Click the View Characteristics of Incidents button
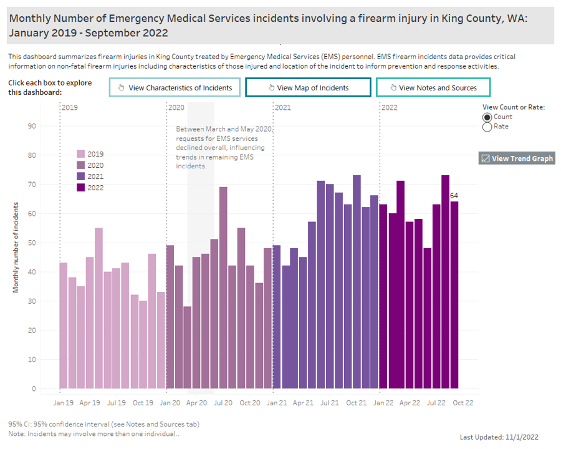175,88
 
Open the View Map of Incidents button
308,88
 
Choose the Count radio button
487,117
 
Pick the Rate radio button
487,127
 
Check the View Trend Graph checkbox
486,158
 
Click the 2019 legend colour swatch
81,153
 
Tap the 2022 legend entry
91,188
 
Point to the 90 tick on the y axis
32,126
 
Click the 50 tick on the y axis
32,243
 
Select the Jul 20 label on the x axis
223,403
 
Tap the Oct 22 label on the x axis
463,403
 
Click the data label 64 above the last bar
454,196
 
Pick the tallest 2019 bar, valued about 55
99,308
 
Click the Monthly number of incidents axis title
16,248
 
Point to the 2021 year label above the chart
283,108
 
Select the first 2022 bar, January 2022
383,296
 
